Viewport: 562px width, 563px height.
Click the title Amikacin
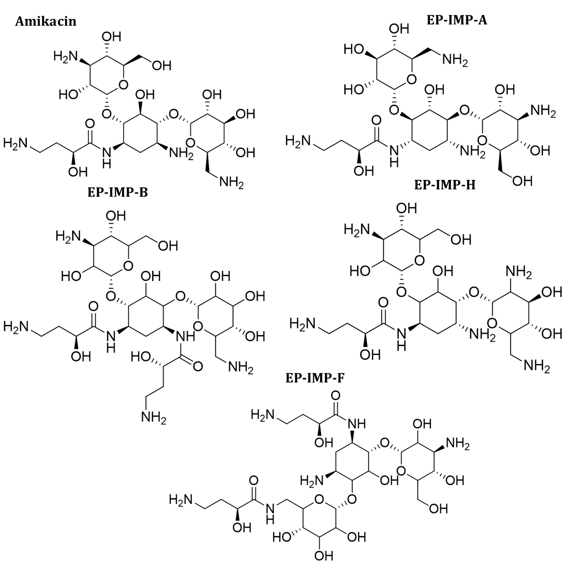46,22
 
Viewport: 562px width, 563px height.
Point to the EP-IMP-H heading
445,185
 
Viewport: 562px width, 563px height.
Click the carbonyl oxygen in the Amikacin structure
91,123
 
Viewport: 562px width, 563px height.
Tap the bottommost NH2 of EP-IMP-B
153,417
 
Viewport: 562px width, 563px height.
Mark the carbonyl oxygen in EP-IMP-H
383,303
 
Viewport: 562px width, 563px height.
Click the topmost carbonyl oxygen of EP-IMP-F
335,395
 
